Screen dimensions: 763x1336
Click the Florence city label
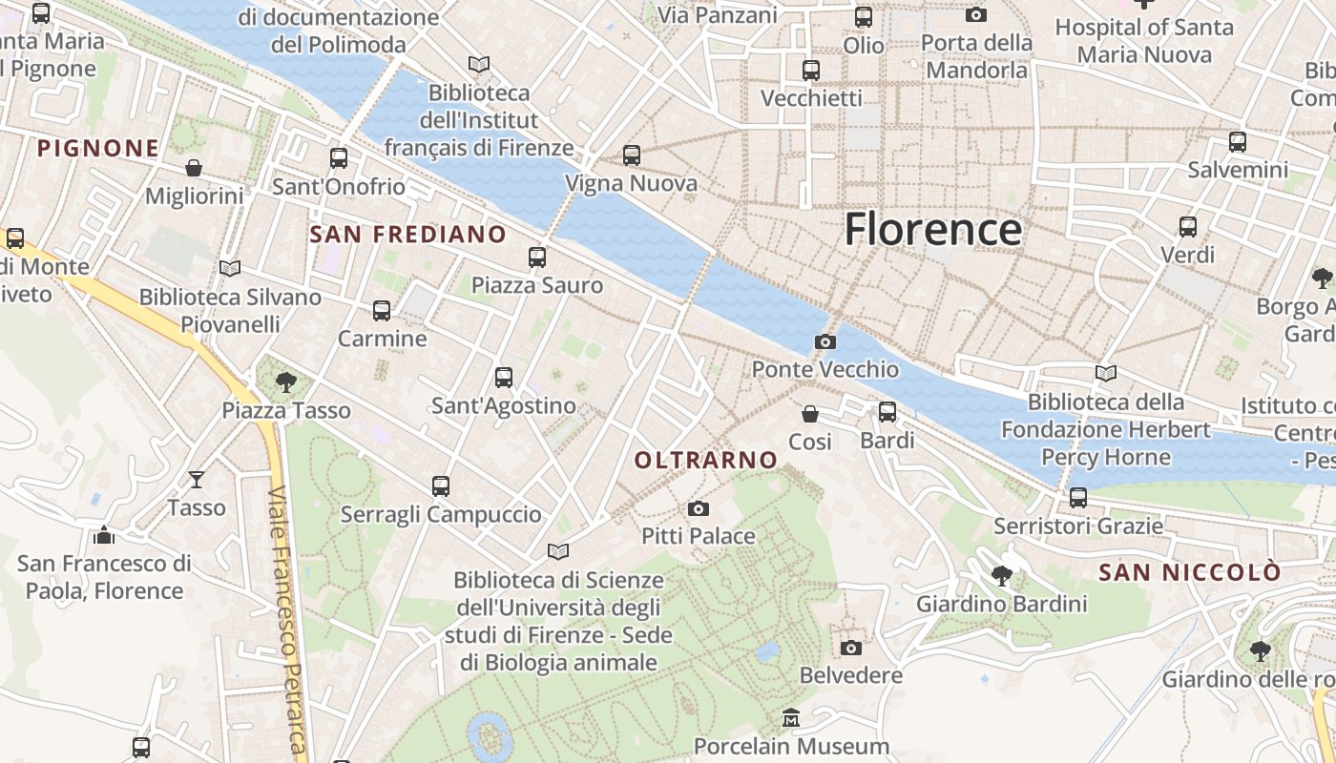(932, 230)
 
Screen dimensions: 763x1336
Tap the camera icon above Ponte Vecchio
(825, 341)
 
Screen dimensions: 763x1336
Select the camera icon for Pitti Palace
(699, 508)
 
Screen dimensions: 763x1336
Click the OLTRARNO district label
(706, 460)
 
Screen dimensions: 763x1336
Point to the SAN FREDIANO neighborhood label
(408, 234)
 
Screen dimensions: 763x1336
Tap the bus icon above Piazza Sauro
(537, 258)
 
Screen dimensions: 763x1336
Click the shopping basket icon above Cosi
(810, 414)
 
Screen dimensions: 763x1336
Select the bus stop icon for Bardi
(887, 412)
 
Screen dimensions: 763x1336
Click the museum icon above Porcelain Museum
(791, 717)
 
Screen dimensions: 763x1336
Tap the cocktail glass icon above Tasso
(197, 479)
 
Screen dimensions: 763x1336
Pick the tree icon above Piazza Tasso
(285, 382)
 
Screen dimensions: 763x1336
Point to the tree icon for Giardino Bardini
(1002, 575)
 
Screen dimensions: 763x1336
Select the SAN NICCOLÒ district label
(1189, 572)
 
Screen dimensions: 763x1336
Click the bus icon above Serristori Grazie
(1078, 497)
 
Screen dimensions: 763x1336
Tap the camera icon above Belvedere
(850, 648)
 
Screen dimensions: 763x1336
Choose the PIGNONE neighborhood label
(97, 148)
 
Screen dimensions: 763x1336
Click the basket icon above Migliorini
(194, 168)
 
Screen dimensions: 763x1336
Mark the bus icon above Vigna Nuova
(631, 155)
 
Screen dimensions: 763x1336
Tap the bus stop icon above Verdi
(1188, 227)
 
